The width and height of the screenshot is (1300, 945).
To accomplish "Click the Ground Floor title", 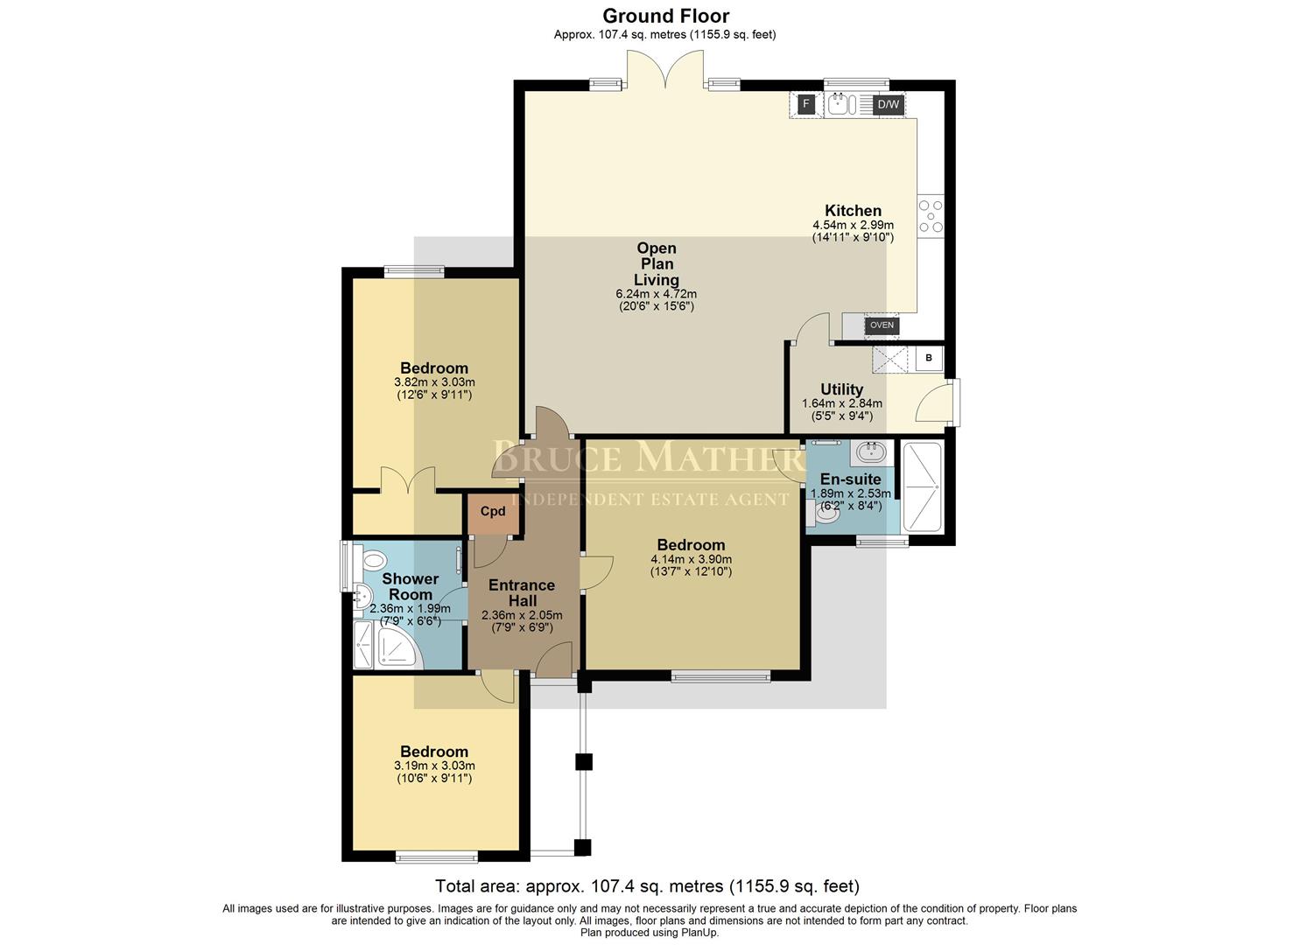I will pos(665,16).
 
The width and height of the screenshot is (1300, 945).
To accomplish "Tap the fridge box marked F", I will pos(806,104).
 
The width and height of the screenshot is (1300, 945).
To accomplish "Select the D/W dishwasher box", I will pos(888,104).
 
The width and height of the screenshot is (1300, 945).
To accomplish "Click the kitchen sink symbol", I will pos(841,105).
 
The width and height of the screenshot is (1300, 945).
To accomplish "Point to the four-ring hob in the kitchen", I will pos(931,215).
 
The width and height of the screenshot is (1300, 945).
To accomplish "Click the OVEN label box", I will pos(882,325).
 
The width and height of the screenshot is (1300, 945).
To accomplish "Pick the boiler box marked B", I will pos(929,358).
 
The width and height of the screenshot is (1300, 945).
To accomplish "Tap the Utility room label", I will pos(841,389).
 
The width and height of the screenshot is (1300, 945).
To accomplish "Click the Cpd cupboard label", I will pos(493,512).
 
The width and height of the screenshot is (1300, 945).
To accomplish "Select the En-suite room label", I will pos(850,479).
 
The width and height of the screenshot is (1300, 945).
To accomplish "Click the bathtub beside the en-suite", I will pos(922,487).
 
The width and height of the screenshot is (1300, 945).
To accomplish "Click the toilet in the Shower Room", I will pos(372,560).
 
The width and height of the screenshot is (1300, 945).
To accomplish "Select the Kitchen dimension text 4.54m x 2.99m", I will pos(853,225).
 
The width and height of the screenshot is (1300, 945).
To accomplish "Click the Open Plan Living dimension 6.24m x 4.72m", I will pos(656,294).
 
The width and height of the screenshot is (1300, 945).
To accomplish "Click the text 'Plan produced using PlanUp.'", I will pos(650,933).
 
